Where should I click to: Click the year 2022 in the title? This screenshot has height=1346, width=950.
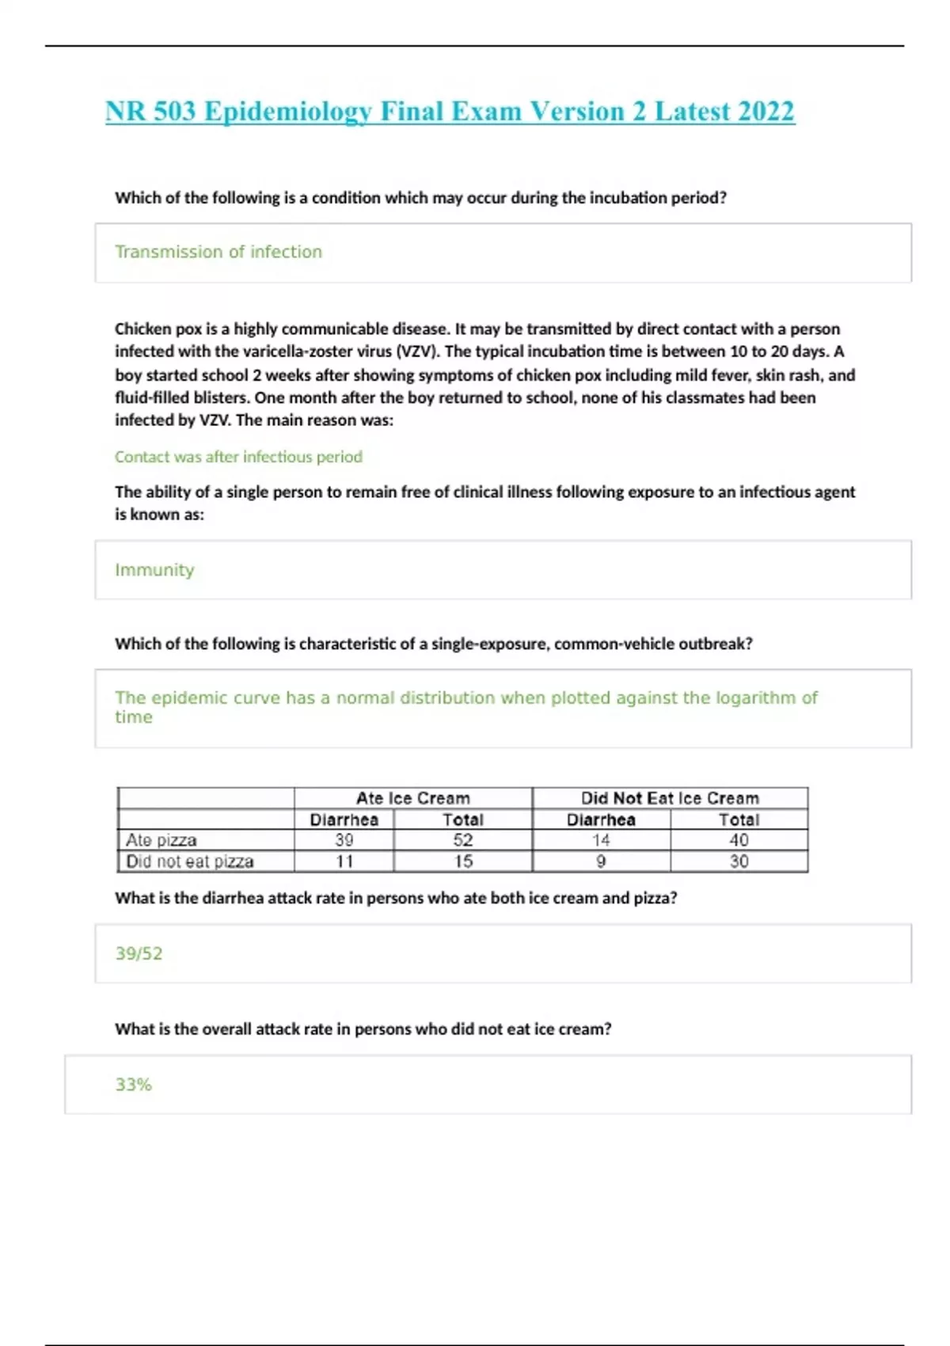click(766, 112)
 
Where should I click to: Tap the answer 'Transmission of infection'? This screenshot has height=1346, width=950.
click(218, 252)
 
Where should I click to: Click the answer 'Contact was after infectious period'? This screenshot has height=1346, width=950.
click(238, 457)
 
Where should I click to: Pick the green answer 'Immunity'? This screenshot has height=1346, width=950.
click(154, 570)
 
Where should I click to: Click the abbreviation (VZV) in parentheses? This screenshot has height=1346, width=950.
click(416, 352)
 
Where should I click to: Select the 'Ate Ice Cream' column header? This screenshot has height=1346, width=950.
click(412, 798)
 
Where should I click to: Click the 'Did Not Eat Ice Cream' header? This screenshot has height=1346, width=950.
click(670, 798)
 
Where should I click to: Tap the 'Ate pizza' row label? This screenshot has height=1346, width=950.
click(161, 840)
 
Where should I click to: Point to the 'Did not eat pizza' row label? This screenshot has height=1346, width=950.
click(190, 861)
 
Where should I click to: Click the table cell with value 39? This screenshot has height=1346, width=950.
click(344, 840)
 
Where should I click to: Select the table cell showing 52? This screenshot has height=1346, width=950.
click(463, 840)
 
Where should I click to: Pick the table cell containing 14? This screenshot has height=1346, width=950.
click(601, 840)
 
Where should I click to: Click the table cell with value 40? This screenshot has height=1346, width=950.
click(739, 840)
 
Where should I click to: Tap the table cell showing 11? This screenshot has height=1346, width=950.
click(344, 861)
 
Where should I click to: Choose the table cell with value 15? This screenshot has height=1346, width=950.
click(463, 861)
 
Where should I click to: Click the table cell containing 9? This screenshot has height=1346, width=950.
click(601, 861)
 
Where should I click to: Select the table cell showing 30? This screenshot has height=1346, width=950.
click(739, 861)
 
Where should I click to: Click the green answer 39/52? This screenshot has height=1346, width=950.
click(139, 953)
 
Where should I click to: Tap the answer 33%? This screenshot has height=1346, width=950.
click(134, 1085)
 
